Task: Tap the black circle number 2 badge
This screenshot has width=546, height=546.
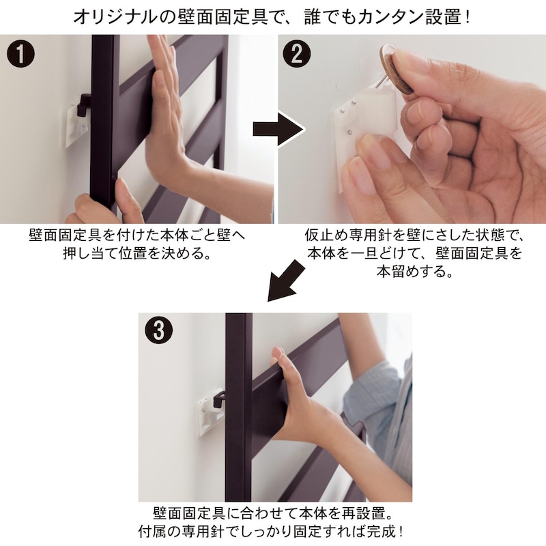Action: tap(296, 55)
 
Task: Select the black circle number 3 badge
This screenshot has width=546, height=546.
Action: tap(158, 331)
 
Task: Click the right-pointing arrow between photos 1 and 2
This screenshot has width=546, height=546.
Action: tap(276, 128)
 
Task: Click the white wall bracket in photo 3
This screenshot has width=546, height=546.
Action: tap(210, 411)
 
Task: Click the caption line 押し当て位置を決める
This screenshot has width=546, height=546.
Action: tap(136, 254)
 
